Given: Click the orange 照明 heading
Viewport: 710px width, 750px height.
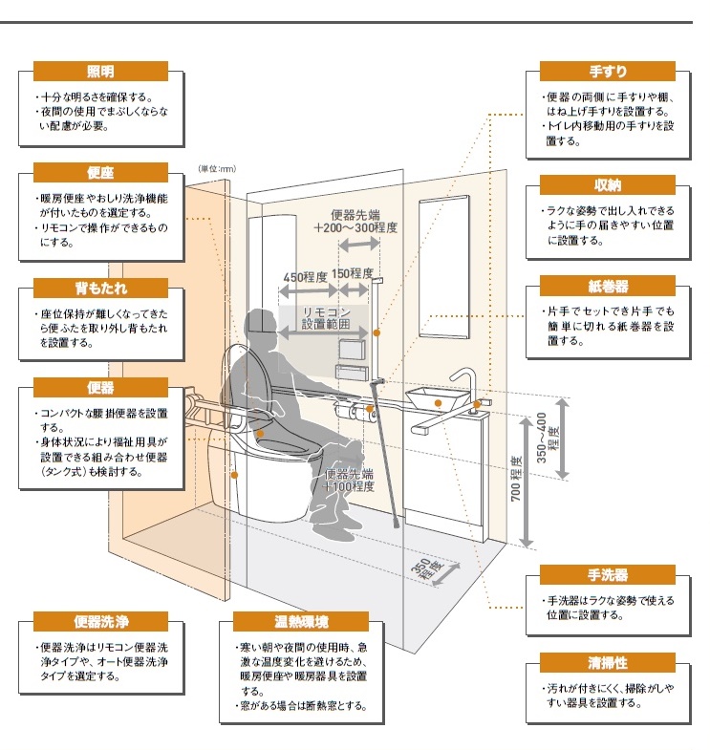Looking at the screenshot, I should (x=100, y=72).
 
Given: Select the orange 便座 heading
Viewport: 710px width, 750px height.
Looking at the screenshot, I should (x=100, y=172).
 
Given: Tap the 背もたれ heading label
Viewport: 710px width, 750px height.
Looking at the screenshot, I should (x=100, y=288).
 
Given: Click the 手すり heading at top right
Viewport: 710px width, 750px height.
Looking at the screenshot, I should (x=608, y=72).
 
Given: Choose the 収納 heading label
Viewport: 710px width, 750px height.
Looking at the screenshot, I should (x=608, y=184).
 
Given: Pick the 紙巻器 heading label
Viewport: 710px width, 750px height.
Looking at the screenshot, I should (x=608, y=287).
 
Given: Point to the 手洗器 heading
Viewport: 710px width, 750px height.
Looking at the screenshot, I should (x=608, y=574).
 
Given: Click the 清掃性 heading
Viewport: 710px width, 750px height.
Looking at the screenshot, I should (x=608, y=662).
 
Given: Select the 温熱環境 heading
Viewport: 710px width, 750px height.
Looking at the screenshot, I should (x=301, y=623).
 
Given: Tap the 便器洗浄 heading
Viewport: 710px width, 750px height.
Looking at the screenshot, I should (x=100, y=623).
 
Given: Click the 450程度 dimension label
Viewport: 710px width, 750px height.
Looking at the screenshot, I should (x=305, y=277).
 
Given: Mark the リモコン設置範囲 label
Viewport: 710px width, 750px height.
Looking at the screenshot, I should (x=326, y=318).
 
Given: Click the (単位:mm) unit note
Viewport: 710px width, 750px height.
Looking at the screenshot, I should (x=217, y=168).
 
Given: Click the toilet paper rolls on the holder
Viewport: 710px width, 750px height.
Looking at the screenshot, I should (x=359, y=412).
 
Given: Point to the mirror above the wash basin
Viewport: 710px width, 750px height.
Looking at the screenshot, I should (x=445, y=268).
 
